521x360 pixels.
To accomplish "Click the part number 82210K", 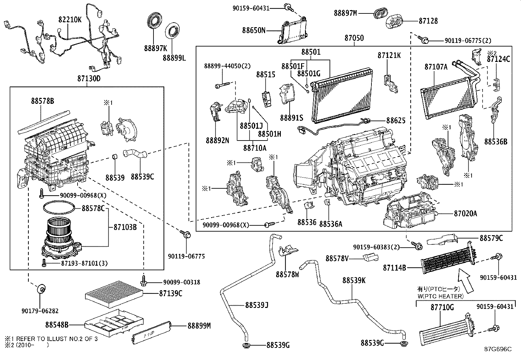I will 70,20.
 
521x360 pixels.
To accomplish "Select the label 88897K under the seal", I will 155,48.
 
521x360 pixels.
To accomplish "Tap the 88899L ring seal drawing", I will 173,32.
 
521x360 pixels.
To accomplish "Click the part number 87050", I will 354,38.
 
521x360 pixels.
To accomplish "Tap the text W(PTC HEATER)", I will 440,296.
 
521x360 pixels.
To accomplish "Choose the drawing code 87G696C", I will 498,349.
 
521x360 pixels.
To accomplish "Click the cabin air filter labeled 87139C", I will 114,294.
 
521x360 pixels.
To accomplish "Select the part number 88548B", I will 57,325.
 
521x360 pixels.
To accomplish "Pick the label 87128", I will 428,21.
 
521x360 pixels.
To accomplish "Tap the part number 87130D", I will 89,79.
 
